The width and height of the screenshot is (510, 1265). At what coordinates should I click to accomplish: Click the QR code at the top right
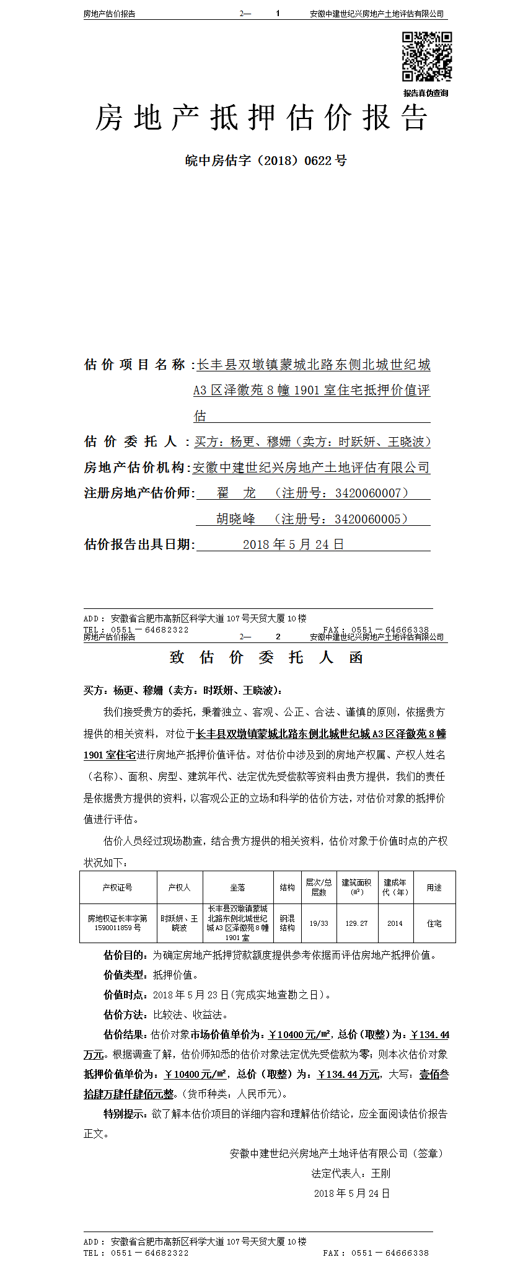click(x=426, y=56)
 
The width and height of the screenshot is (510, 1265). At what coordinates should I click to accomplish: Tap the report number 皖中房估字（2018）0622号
click(x=266, y=161)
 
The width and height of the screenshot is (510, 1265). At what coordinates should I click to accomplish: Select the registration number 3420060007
click(x=368, y=493)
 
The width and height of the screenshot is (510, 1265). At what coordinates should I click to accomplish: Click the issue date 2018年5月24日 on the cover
click(x=293, y=544)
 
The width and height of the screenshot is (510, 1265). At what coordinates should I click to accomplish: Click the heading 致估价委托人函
click(x=266, y=657)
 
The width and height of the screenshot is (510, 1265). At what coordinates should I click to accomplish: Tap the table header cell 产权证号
click(x=118, y=887)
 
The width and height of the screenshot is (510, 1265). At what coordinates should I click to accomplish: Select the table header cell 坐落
click(x=238, y=887)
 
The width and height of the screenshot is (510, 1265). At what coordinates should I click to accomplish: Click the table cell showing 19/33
click(x=319, y=923)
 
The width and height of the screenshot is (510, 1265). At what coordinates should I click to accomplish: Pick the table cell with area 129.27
click(x=356, y=923)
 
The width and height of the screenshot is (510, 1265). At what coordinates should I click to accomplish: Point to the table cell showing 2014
click(x=395, y=923)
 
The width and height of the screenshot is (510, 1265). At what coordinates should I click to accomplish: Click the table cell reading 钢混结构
click(x=287, y=923)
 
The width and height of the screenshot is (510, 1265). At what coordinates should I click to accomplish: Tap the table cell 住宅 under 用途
click(x=434, y=923)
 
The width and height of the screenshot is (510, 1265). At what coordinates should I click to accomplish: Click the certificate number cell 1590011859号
click(x=118, y=928)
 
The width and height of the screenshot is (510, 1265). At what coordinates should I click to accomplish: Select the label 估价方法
click(x=125, y=1015)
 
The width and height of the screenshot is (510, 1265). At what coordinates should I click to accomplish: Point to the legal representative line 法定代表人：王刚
click(x=351, y=1173)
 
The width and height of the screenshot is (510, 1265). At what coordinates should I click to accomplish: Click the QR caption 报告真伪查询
click(x=426, y=93)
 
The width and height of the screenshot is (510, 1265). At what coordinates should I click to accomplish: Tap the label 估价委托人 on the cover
click(x=131, y=442)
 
